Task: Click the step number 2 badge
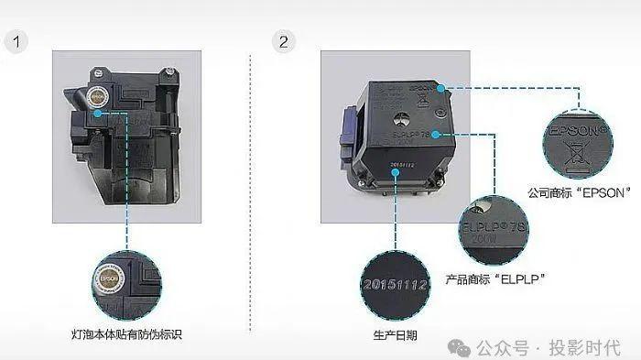tap(286, 43)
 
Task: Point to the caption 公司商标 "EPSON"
tap(581, 194)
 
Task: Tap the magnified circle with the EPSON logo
tap(581, 138)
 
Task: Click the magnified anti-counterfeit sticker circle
tap(126, 279)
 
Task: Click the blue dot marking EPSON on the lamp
tap(440, 89)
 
